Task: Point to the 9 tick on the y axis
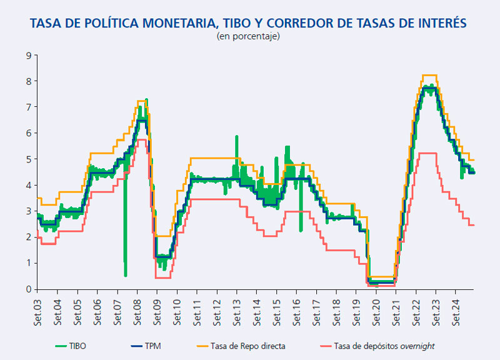pyautogui.click(x=27, y=56)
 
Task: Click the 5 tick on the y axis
pyautogui.click(x=27, y=159)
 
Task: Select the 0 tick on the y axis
pyautogui.click(x=27, y=289)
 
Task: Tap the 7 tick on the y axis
pyautogui.click(x=27, y=107)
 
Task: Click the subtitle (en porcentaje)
pyautogui.click(x=248, y=37)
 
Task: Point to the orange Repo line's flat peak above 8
pyautogui.click(x=429, y=75)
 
